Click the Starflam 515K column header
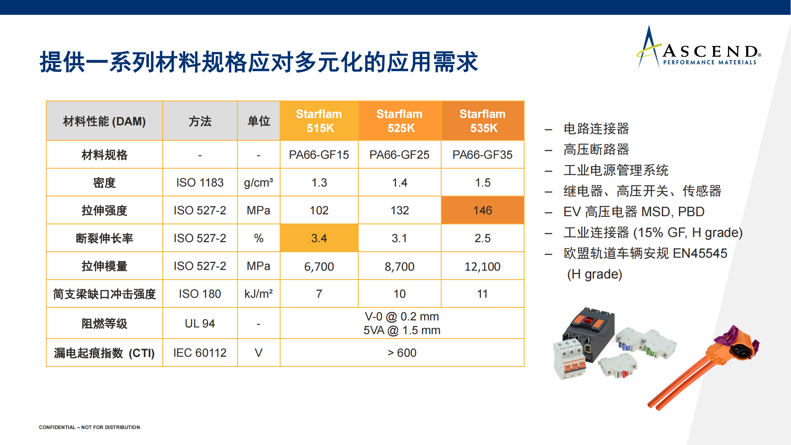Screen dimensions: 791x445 (x=319, y=121)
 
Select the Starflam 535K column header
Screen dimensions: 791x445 (x=482, y=121)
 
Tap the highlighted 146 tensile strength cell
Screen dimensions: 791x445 (x=482, y=210)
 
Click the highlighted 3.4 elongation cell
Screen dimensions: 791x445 (x=319, y=238)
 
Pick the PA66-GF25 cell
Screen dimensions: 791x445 (x=399, y=155)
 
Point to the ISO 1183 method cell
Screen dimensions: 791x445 (x=200, y=182)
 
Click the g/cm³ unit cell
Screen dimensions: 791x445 (x=258, y=182)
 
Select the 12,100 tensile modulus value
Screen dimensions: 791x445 (x=482, y=266)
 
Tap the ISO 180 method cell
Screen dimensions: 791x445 (x=200, y=294)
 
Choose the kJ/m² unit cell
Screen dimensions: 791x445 (x=258, y=294)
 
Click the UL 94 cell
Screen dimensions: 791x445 (x=200, y=323)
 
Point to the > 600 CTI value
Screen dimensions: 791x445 (x=402, y=353)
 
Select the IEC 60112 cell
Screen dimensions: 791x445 (x=200, y=353)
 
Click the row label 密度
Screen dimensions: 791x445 (x=104, y=183)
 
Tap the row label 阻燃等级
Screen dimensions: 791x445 (x=104, y=324)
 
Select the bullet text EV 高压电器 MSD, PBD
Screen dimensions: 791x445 (x=634, y=212)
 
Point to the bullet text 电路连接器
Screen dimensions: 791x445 (x=596, y=129)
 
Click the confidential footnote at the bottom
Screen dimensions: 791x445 (x=89, y=427)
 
